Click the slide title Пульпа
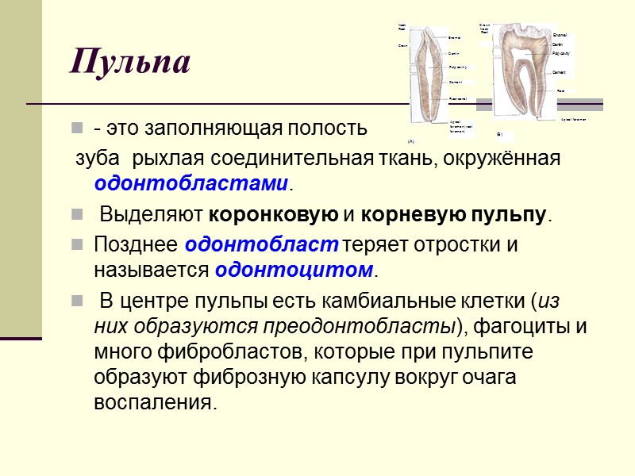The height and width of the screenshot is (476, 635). click(130, 61)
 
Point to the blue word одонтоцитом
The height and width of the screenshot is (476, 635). click(293, 270)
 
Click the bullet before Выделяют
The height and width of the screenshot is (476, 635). click(76, 215)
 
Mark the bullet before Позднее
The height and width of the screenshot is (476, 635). click(76, 245)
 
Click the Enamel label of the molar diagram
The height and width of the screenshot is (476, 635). click(560, 36)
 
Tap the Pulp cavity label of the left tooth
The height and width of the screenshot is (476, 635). click(457, 67)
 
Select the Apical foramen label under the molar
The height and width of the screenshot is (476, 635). click(573, 119)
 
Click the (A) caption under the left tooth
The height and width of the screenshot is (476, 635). click(411, 140)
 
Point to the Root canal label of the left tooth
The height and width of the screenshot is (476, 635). click(457, 98)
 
